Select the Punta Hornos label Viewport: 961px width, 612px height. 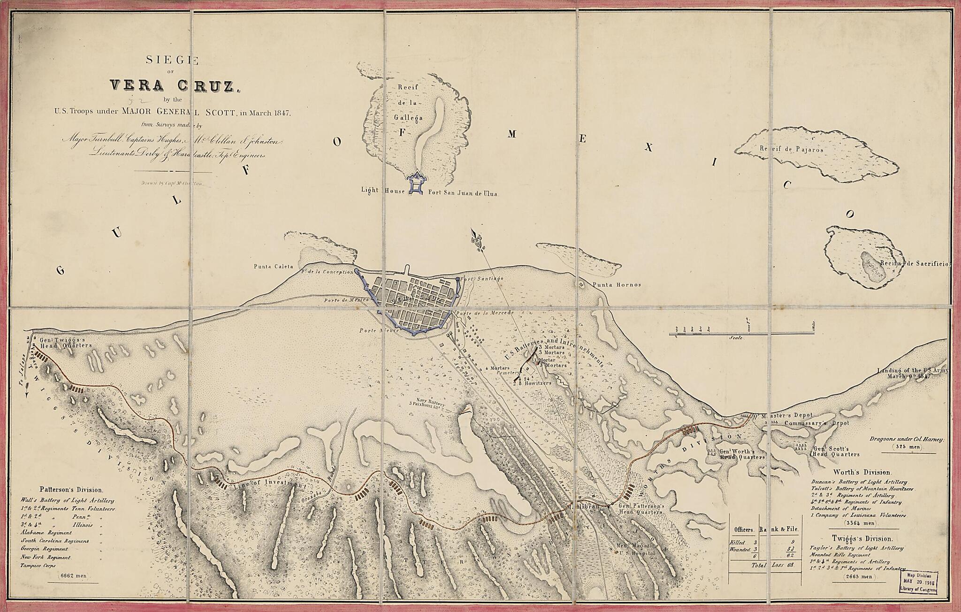pos(616,285)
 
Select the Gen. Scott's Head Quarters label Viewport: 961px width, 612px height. pos(836,451)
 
